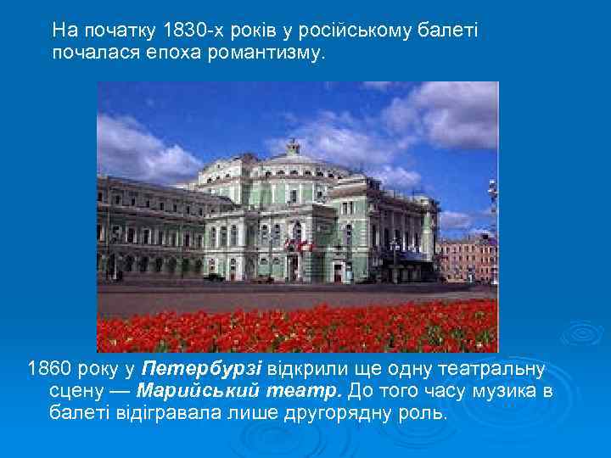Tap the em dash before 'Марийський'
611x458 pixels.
coord(117,392)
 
